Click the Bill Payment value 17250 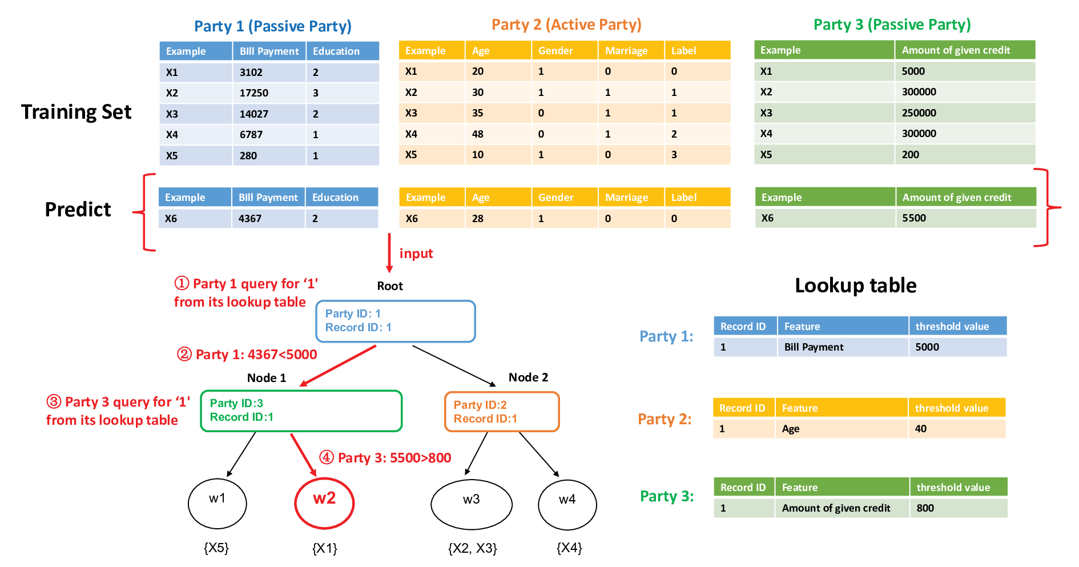pos(253,93)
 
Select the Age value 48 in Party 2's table pos(478,134)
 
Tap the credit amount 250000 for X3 pos(919,113)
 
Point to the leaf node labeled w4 pos(567,505)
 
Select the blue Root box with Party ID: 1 pos(396,321)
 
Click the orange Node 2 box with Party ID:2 pos(502,412)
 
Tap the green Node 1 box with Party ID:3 pos(301,411)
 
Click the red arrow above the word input pos(389,253)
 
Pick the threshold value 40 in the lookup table pos(921,429)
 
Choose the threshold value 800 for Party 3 pos(925,508)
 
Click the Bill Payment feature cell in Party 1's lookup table pos(814,347)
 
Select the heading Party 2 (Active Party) pos(566,25)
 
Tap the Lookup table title pos(856,285)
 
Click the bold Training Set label pos(77,112)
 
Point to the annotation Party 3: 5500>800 pos(385,458)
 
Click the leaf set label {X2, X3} pos(473,549)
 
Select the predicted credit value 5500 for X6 pos(914,218)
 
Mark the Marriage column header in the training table pos(626,51)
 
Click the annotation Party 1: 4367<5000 pos(247,355)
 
